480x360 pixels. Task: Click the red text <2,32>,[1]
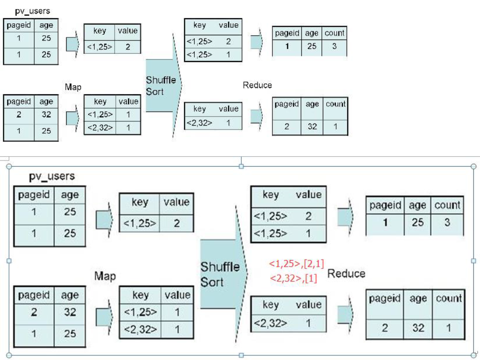coord(293,279)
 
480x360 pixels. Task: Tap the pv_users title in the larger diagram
coord(52,176)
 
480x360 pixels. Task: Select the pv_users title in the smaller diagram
coord(32,11)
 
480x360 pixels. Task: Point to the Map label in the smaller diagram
coord(73,87)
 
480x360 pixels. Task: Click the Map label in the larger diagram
coord(105,276)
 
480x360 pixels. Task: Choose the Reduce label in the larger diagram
coord(346,273)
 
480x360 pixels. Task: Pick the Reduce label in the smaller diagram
coord(257,85)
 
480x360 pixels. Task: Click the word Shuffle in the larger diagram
coord(220,267)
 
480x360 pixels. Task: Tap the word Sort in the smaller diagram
coord(155,91)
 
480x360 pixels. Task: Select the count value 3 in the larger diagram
coord(447,222)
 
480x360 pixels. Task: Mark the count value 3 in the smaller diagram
coord(334,46)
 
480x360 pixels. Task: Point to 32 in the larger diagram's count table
coord(418,328)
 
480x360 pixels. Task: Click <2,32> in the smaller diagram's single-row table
coord(199,123)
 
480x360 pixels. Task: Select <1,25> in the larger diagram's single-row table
coord(140,223)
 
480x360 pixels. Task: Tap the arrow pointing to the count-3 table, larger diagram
coord(346,217)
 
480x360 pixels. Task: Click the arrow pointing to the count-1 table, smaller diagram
coord(257,117)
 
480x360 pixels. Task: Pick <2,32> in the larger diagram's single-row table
coord(270,323)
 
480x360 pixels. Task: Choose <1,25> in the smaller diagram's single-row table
coord(100,47)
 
